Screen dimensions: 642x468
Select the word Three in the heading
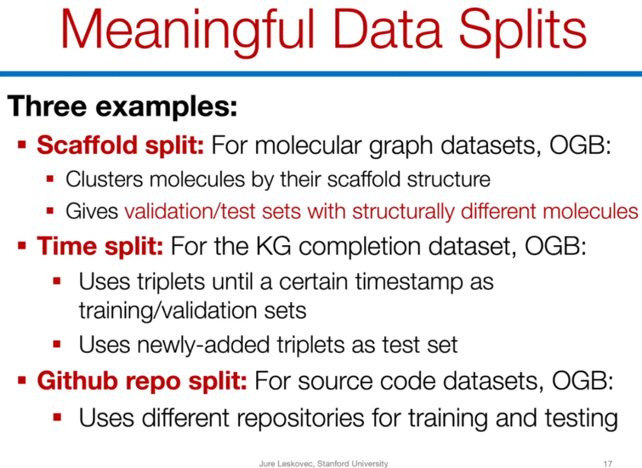(47, 106)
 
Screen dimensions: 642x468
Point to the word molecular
(309, 146)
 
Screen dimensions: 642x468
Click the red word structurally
(403, 212)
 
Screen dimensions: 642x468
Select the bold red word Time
(67, 246)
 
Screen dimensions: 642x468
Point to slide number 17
(608, 463)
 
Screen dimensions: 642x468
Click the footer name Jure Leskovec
(286, 463)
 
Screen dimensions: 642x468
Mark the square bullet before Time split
(22, 245)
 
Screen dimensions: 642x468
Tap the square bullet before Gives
(50, 211)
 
